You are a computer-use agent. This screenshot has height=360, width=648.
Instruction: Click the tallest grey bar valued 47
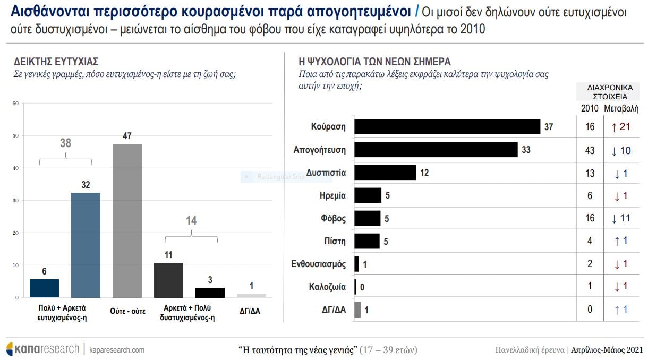tap(127, 220)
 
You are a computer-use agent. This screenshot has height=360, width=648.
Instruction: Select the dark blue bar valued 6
tap(44, 288)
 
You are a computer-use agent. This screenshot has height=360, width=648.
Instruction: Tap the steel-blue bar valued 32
tap(86, 245)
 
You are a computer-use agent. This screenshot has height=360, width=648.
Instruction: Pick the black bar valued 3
tap(210, 293)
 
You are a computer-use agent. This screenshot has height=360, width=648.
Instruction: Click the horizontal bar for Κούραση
tap(447, 127)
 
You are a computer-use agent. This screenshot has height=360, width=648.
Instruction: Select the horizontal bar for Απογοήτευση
tap(436, 150)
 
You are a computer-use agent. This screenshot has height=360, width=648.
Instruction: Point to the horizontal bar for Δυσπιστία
tap(385, 173)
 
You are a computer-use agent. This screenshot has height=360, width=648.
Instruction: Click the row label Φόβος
tap(333, 218)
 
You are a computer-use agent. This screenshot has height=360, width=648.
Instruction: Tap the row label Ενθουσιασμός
tap(319, 264)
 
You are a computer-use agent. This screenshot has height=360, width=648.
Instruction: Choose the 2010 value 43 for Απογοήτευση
tap(590, 150)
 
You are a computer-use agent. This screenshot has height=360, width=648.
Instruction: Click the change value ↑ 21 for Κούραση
tap(621, 127)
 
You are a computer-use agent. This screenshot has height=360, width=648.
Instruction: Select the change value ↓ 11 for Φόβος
tap(621, 218)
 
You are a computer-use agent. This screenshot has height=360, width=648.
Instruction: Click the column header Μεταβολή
tap(621, 108)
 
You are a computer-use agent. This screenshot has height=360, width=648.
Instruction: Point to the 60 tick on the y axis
tap(16, 104)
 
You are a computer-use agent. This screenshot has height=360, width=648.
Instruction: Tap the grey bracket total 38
tap(65, 143)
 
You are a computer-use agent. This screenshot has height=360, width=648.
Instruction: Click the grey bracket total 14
tap(191, 220)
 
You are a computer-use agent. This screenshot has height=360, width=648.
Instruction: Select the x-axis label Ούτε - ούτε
tap(127, 311)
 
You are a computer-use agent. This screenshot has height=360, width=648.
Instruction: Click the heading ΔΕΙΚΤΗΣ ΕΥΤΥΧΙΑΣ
tap(56, 62)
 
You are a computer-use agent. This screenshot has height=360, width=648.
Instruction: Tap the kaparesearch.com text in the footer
tap(117, 350)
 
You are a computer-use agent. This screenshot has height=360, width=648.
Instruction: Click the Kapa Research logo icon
tap(10, 349)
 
